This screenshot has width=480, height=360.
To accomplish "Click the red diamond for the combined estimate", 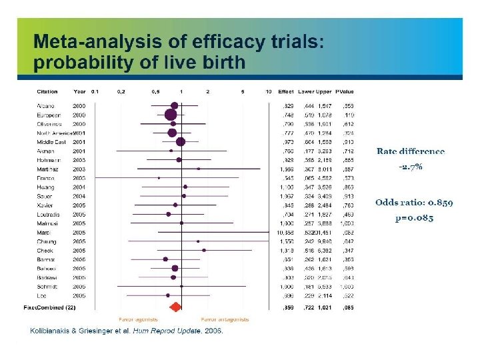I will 176,307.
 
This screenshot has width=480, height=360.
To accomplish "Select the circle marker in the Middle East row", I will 180,141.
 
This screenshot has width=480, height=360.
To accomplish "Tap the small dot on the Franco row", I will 159,178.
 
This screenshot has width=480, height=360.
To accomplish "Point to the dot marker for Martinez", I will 199,169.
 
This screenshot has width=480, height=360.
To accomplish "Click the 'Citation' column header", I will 47,91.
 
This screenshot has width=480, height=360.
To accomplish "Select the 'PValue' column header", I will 345,91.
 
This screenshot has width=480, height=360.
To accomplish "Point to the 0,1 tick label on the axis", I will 95,91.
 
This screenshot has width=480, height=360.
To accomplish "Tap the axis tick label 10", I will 268,91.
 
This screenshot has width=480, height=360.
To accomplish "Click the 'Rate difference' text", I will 411,152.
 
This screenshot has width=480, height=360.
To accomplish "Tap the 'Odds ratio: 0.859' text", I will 413,202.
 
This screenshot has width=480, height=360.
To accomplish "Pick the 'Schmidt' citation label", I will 49,286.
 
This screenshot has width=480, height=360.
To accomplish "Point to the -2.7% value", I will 411,167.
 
